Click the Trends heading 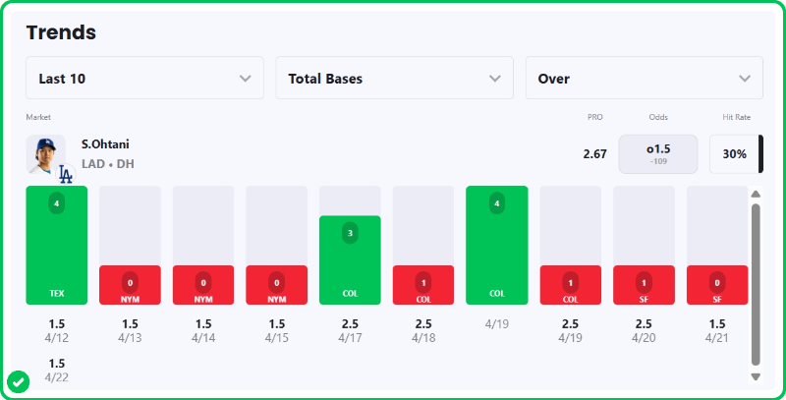61,32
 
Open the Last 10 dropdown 144,79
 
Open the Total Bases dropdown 394,79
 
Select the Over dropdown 644,79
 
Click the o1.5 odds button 657,154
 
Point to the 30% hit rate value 734,154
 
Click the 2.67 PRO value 594,154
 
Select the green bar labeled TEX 57,246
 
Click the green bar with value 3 350,260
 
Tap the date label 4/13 130,338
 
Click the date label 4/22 57,377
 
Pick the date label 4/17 350,338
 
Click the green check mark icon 18,381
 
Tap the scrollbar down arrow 756,376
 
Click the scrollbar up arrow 756,194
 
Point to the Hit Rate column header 736,117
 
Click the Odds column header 657,117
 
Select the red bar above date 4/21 716,285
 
